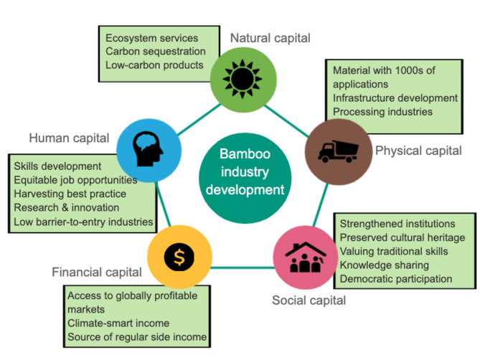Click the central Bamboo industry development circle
[x=242, y=173]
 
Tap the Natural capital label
[x=270, y=37]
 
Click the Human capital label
[x=69, y=137]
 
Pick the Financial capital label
[x=96, y=272]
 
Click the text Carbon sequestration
[x=155, y=52]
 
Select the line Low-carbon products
[x=154, y=65]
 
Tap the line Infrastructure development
[x=395, y=98]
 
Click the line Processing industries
[x=382, y=111]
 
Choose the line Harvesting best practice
[x=70, y=194]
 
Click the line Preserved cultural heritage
[x=402, y=237]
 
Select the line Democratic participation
[x=396, y=278]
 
